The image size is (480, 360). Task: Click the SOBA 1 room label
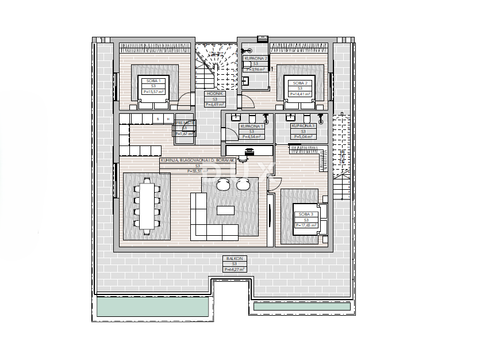pos(153,81)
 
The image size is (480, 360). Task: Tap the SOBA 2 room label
pos(300,82)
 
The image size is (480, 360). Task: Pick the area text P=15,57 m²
pos(153,91)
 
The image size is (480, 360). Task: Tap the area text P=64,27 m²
pos(234,269)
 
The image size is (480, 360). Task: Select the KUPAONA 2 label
pos(255,58)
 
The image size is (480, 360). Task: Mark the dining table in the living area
pos(147,206)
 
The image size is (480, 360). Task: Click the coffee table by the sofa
pos(225,210)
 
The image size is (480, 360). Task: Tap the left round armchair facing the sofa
pos(224,183)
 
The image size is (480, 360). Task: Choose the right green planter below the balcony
pos(301,307)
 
